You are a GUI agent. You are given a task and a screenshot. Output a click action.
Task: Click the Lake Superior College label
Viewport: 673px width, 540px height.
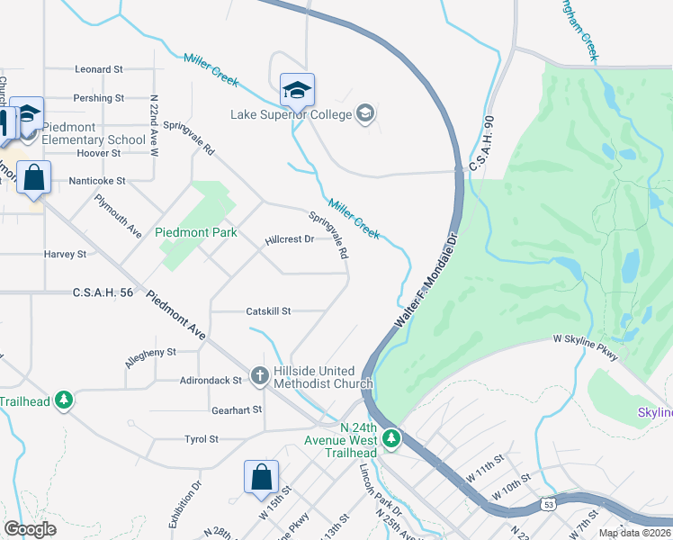pyautogui.click(x=291, y=113)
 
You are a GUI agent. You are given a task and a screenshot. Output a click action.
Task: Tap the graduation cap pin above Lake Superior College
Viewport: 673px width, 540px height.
pyautogui.click(x=297, y=91)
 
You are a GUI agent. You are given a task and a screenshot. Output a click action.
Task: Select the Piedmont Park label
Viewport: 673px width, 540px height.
pyautogui.click(x=196, y=232)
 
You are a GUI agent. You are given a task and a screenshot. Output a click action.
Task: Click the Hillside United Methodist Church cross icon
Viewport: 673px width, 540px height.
pyautogui.click(x=260, y=374)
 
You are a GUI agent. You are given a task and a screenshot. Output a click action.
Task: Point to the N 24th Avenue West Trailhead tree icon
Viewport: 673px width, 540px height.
pyautogui.click(x=390, y=439)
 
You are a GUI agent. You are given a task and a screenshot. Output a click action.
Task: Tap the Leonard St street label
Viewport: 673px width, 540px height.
pyautogui.click(x=99, y=69)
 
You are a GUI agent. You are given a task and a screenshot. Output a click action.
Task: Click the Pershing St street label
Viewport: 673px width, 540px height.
pyautogui.click(x=99, y=98)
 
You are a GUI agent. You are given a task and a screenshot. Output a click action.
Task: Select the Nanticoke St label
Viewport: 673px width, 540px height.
pyautogui.click(x=97, y=181)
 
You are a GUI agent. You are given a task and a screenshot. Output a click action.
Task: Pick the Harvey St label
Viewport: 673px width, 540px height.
pyautogui.click(x=65, y=255)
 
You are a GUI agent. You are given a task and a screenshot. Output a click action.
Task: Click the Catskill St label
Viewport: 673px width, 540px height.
pyautogui.click(x=268, y=311)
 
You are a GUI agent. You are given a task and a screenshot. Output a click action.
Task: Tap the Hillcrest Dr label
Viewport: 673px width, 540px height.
pyautogui.click(x=289, y=240)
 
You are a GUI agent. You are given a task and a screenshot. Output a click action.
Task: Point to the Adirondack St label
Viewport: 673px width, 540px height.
pyautogui.click(x=211, y=381)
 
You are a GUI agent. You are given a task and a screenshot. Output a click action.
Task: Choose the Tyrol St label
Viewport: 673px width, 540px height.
pyautogui.click(x=201, y=439)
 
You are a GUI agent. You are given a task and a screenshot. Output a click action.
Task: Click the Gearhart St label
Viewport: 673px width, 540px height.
pyautogui.click(x=236, y=409)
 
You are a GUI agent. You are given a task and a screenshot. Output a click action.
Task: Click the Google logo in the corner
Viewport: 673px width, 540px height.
pyautogui.click(x=30, y=529)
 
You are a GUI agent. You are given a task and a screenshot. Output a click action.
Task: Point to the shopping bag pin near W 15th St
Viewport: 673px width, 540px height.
pyautogui.click(x=261, y=478)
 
